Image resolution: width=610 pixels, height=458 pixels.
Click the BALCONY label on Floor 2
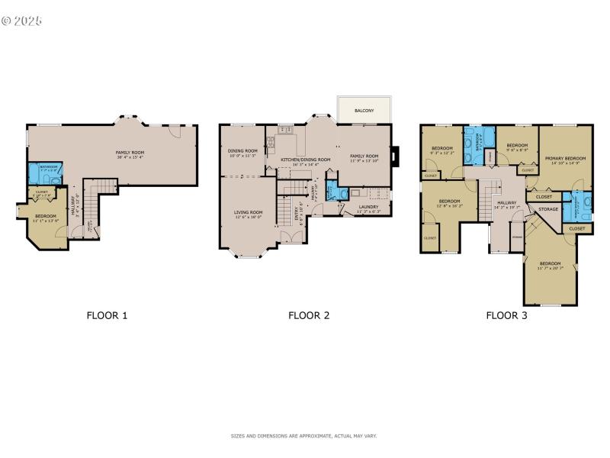click(x=364, y=111)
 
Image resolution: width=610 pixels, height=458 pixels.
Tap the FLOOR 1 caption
click(x=107, y=314)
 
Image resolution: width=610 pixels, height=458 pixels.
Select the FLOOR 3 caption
click(x=507, y=314)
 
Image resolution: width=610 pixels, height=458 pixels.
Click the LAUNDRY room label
click(x=368, y=206)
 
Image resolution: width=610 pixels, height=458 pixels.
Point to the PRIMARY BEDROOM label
click(x=565, y=157)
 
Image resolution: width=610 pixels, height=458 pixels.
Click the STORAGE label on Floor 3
click(x=548, y=208)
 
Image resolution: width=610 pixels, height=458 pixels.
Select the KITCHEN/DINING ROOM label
click(x=305, y=159)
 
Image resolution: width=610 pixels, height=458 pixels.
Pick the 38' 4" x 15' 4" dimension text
click(x=130, y=157)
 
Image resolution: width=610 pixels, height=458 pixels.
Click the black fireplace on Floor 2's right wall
click(x=393, y=155)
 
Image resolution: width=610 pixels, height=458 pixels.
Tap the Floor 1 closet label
click(x=42, y=192)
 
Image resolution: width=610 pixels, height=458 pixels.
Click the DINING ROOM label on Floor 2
click(x=242, y=150)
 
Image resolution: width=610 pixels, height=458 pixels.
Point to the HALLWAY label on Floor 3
click(x=507, y=202)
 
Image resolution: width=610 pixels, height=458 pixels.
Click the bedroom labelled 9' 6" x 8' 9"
click(x=518, y=147)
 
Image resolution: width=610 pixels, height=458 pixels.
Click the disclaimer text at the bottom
click(x=304, y=436)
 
